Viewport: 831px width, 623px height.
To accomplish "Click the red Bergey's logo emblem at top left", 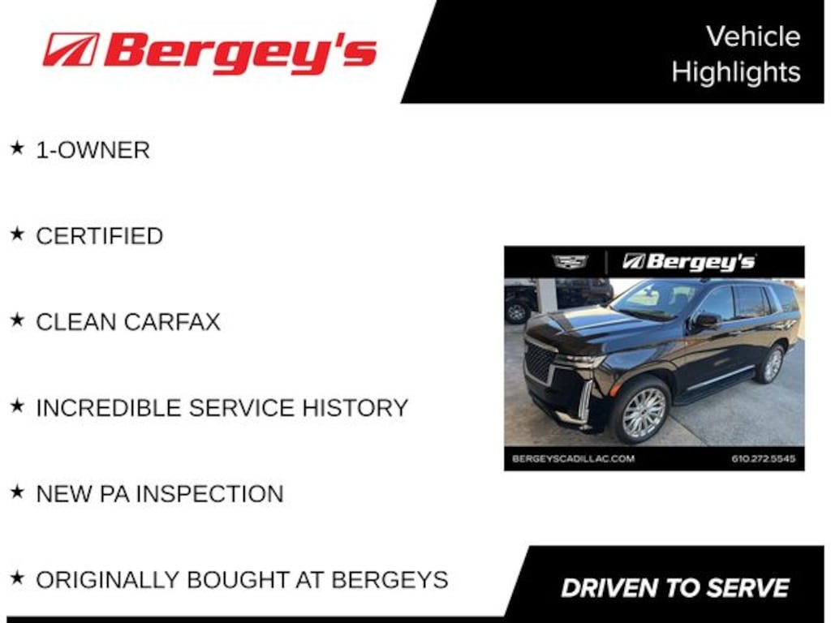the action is tap(71, 49).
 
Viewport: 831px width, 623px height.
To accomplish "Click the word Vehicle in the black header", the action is tap(753, 37).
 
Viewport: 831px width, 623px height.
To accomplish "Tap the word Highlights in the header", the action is tap(736, 71).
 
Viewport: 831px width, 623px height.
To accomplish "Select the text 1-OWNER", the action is tap(93, 150).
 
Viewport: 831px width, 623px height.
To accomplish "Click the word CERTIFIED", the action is tap(100, 236).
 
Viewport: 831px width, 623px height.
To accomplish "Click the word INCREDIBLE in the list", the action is tap(109, 408).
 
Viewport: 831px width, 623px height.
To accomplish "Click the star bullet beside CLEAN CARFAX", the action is tap(17, 320).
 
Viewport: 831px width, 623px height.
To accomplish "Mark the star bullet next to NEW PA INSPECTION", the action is tap(17, 492).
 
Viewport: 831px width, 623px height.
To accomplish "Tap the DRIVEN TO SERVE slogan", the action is tap(675, 588).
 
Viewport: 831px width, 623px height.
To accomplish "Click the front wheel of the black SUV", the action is tap(642, 413).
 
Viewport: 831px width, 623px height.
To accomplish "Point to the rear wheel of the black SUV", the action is tap(772, 364).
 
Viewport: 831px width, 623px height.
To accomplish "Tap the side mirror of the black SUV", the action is tap(706, 320).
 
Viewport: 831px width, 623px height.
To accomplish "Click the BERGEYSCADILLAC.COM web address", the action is tap(574, 459).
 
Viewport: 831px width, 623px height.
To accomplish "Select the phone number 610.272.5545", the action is tap(763, 459).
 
